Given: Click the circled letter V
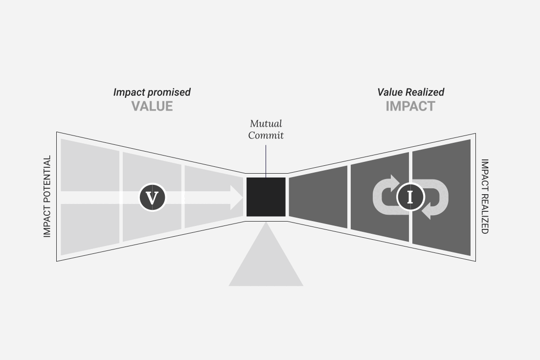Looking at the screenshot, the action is (153, 198).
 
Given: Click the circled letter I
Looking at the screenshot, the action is (410, 198).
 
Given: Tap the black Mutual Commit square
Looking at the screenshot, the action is (266, 197).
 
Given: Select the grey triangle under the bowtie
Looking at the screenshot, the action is (266, 254).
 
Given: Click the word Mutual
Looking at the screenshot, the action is (266, 123).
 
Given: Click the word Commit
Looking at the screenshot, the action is (266, 135).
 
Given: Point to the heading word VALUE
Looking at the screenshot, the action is (152, 106).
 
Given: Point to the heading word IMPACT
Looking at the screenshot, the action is (410, 106).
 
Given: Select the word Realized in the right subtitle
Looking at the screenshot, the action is (425, 92).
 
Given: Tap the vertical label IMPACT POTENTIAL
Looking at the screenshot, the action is (47, 196).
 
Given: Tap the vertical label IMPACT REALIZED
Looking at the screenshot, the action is (485, 196).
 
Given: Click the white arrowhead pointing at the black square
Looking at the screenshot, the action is (237, 198).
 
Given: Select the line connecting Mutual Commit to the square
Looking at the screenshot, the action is (266, 161).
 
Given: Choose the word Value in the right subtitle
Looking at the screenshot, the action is (390, 92).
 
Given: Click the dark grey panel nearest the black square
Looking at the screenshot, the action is (318, 197).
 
